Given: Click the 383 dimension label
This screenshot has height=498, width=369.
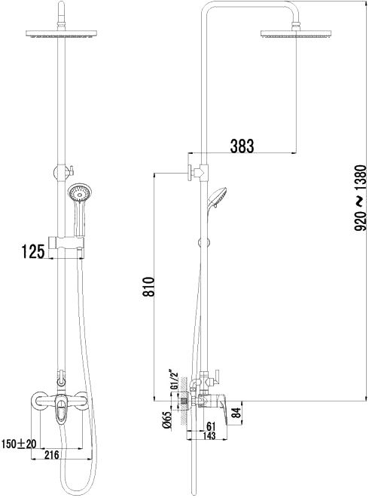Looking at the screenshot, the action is [x=242, y=146].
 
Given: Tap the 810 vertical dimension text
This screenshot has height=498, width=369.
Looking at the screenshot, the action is [x=148, y=287].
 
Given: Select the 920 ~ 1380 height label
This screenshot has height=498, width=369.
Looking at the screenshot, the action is [x=361, y=198].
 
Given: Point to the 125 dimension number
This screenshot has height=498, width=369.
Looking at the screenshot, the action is [x=32, y=251].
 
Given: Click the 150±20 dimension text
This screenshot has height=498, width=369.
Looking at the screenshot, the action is [x=19, y=444].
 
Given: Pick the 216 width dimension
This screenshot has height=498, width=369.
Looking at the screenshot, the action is [x=52, y=454].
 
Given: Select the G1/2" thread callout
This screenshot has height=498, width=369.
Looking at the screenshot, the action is [x=174, y=380].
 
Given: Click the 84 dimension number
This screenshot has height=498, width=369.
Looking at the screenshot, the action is [x=236, y=413].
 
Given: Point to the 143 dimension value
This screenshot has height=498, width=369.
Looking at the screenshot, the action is [x=208, y=435].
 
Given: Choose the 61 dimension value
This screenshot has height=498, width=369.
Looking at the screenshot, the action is [x=211, y=426].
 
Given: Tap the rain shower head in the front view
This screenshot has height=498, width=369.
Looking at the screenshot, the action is [x=61, y=34].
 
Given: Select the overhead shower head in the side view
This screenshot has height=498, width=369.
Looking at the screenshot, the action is [x=296, y=34].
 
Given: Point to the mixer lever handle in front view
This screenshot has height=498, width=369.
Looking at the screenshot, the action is [x=61, y=410].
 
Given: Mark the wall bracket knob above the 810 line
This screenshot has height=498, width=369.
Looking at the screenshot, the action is [x=194, y=172].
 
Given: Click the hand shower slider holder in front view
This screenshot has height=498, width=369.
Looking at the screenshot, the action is [x=66, y=243].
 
